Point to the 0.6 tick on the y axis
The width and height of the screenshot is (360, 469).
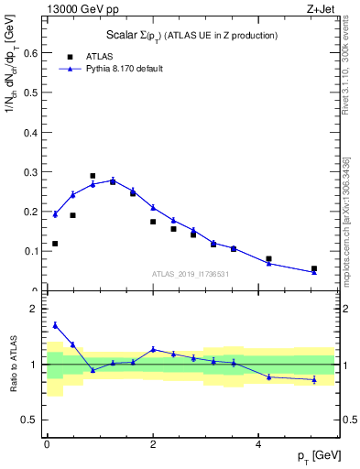pyautogui.click(x=30, y=53)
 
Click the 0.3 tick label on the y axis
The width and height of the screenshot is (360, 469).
pyautogui.click(x=30, y=171)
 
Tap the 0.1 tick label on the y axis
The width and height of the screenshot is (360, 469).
pyautogui.click(x=30, y=250)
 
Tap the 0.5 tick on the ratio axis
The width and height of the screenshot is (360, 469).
pyautogui.click(x=30, y=420)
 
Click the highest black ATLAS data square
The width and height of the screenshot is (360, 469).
pyautogui.click(x=93, y=176)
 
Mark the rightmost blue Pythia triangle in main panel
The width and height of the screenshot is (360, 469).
pyautogui.click(x=313, y=271)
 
